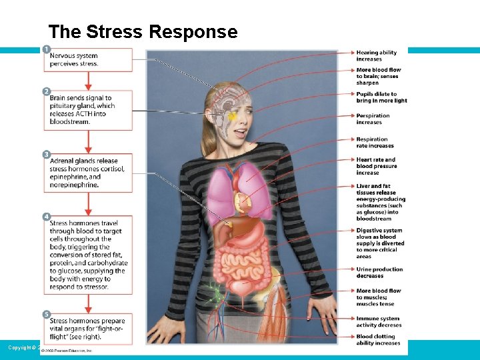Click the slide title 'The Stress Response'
[x=143, y=32]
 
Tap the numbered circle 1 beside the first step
[x=46, y=49]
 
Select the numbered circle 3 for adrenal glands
[x=46, y=155]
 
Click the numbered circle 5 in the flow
[x=46, y=313]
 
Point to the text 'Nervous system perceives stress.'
[x=74, y=60]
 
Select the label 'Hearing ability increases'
[x=377, y=56]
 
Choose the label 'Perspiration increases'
[x=373, y=119]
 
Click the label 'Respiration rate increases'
[x=375, y=143]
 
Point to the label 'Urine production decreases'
[x=379, y=272]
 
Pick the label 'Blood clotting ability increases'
[x=379, y=340]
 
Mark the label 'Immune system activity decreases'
[x=379, y=322]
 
